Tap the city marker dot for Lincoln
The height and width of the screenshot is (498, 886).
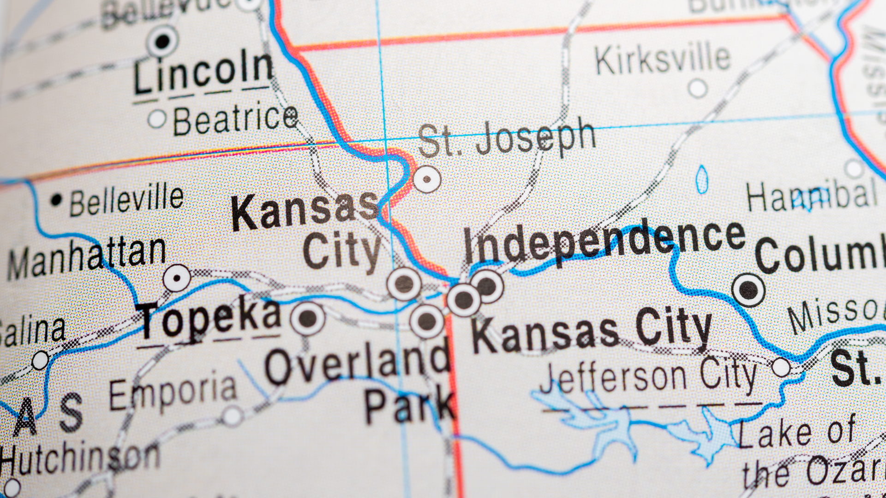tap(162, 41)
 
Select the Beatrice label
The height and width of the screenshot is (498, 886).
tap(235, 120)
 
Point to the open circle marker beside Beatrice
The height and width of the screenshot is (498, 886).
tap(157, 119)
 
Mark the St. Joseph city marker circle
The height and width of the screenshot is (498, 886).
tap(427, 179)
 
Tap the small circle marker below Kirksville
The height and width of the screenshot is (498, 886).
tap(698, 88)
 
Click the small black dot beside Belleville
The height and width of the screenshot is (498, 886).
tap(56, 200)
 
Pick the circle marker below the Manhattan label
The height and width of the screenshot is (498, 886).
tap(177, 278)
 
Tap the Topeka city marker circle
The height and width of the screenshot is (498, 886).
tap(308, 318)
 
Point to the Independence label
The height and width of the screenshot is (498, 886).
tap(605, 241)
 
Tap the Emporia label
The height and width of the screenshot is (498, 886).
tap(173, 393)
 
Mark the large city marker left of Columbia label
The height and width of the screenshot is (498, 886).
tap(748, 290)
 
